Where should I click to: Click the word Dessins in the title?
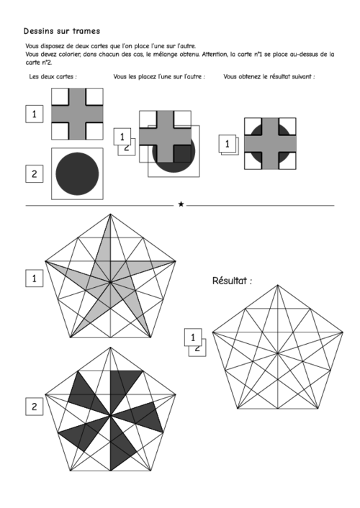point(36,31)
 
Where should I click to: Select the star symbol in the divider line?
point(181,204)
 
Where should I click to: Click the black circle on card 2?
point(77,173)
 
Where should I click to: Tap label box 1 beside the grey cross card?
point(35,114)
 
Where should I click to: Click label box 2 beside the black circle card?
point(35,173)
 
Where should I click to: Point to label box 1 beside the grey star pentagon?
point(35,278)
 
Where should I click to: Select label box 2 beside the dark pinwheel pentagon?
point(35,407)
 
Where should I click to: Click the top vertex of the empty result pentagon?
point(278,285)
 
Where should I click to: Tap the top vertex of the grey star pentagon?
point(110,214)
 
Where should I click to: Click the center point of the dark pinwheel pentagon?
point(111,416)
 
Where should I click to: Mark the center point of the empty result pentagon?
point(278,353)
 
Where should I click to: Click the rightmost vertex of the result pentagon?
point(343,332)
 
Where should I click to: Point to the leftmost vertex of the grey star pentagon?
point(45,260)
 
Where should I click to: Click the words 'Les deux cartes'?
point(53,77)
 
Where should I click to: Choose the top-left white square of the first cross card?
point(60,96)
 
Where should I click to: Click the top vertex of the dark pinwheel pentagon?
point(110,348)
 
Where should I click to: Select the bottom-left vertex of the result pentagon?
point(238,409)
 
